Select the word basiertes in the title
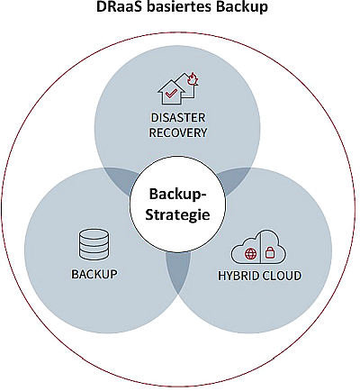pos(180,6)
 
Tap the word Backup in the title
pos(242,7)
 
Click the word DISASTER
pos(178,117)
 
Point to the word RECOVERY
pos(178,132)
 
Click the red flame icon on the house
pos(192,79)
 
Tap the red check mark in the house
pos(170,94)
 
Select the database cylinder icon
pos(94,244)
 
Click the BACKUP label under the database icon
pos(94,274)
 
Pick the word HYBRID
pos(236,276)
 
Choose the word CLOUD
pos(280,276)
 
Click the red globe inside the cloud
pos(251,254)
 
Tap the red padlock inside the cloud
pos(270,252)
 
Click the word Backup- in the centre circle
pos(178,195)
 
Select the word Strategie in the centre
pos(177,214)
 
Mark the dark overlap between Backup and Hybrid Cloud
pos(178,268)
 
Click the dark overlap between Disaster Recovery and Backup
pos(121,179)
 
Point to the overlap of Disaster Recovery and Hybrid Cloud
pos(234,179)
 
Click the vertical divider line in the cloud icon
pos(261,245)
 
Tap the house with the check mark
pos(170,92)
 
